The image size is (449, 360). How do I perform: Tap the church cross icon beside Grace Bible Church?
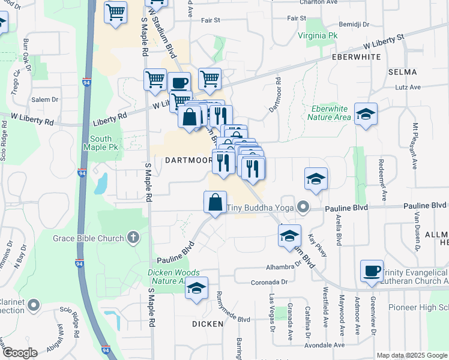tap(133, 238)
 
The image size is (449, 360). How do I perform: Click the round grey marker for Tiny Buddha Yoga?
tap(304, 208)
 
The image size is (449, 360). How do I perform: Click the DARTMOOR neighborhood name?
tap(188, 161)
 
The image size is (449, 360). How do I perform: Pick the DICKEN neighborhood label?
tap(208, 323)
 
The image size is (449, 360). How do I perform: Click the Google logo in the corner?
tap(19, 353)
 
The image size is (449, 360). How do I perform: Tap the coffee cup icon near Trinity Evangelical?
tap(372, 271)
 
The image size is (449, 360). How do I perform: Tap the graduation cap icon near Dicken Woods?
tap(196, 287)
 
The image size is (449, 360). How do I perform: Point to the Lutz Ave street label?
tap(408, 87)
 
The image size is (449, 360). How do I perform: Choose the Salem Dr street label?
tap(45, 100)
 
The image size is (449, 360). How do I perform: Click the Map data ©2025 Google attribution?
tap(411, 355)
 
